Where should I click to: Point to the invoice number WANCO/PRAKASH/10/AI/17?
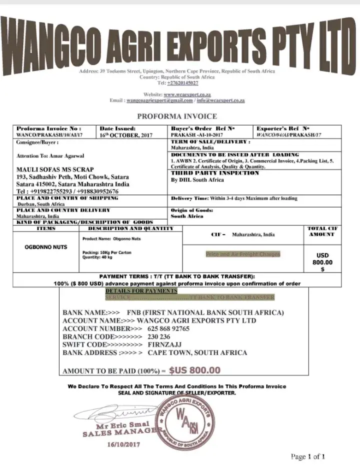(x=49, y=135)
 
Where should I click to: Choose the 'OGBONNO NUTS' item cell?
(x=46, y=247)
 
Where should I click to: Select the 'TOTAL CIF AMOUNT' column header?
(x=322, y=231)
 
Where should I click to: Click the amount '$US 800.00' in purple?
(x=194, y=370)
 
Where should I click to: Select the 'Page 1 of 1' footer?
(x=308, y=456)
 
